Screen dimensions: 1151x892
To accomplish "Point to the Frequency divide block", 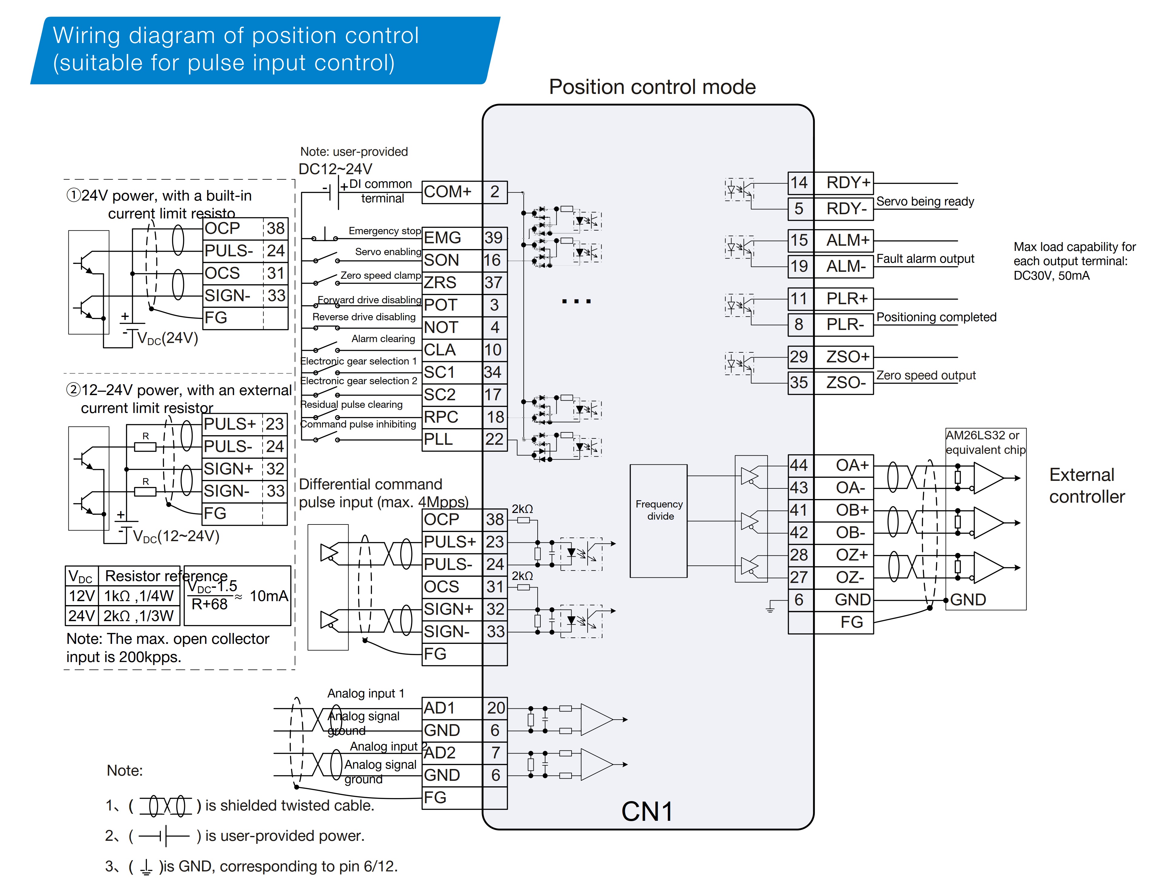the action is tap(659, 521).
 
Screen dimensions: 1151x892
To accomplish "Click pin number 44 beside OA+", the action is tap(799, 465).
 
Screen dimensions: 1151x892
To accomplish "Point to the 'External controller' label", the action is tap(1087, 485).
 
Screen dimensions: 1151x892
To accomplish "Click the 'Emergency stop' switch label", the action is tap(385, 231).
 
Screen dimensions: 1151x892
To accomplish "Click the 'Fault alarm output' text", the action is tap(925, 259).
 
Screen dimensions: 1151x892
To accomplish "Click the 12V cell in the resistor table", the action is tap(82, 596).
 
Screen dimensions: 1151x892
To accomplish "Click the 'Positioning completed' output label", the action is tap(936, 317).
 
